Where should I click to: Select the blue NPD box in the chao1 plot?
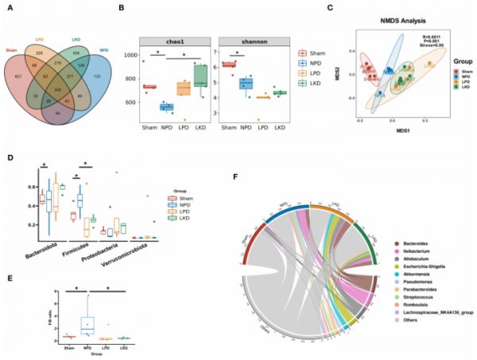165,106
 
